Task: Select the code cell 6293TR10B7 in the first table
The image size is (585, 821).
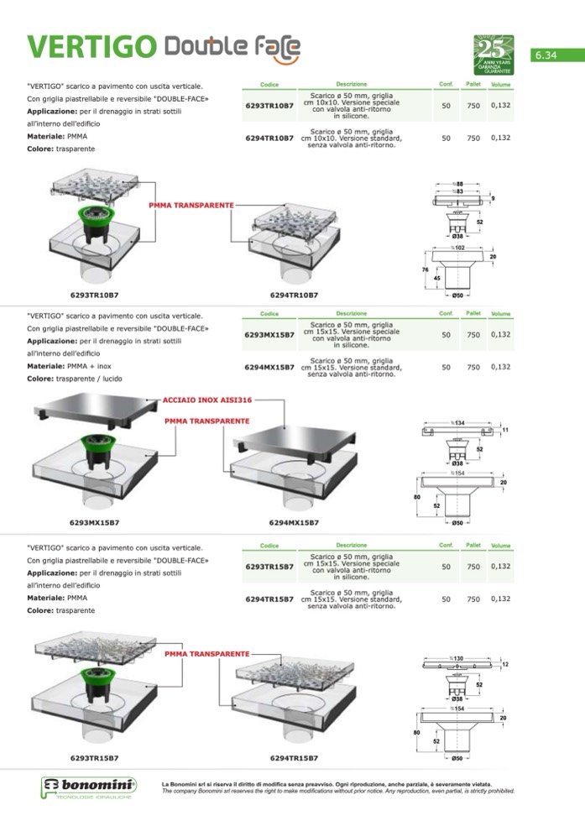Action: click(269, 107)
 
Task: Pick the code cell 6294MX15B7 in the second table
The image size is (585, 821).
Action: click(269, 368)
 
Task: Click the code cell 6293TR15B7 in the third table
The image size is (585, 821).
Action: click(269, 567)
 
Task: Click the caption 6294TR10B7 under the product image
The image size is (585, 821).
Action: click(293, 295)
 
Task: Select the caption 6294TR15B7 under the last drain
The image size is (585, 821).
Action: click(293, 758)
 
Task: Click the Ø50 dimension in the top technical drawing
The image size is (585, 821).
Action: click(459, 295)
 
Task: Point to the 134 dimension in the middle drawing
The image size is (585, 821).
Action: click(458, 421)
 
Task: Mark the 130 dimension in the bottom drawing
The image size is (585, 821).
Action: click(457, 658)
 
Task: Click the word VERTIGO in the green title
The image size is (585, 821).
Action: click(90, 47)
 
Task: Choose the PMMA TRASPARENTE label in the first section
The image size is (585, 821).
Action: click(191, 204)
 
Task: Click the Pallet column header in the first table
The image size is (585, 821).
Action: click(473, 84)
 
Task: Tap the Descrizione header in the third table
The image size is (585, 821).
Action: click(352, 546)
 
